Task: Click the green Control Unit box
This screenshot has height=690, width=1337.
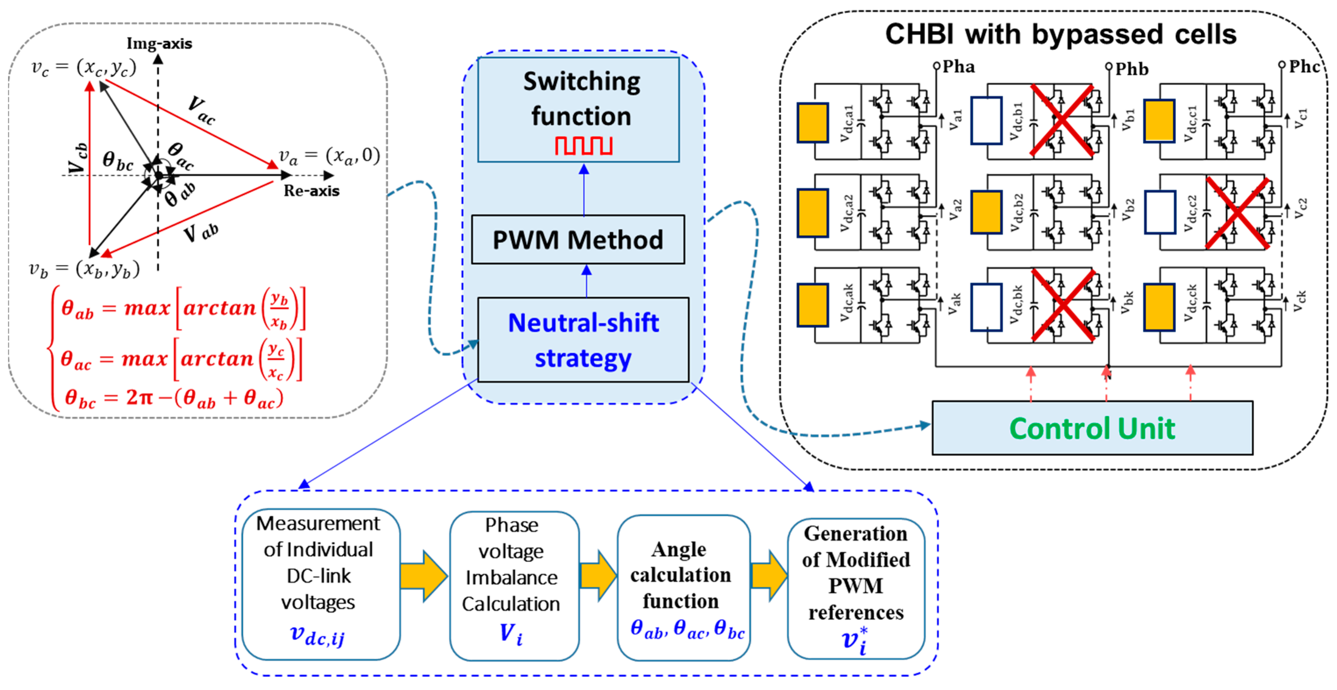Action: [1092, 429]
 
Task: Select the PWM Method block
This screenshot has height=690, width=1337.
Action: [578, 240]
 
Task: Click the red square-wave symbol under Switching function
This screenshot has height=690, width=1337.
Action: [583, 146]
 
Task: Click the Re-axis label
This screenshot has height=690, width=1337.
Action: [312, 191]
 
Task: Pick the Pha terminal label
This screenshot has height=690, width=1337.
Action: [958, 67]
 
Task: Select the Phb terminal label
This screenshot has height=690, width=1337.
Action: [1132, 69]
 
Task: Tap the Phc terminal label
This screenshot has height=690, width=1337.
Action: [1304, 67]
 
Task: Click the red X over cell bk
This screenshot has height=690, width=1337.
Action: [1063, 305]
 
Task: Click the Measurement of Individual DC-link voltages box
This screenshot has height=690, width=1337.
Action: [320, 584]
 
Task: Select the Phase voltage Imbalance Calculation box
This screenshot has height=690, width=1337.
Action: [513, 586]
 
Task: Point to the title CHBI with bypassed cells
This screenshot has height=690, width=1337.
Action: [1060, 35]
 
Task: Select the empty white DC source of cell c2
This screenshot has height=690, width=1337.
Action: [1160, 212]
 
